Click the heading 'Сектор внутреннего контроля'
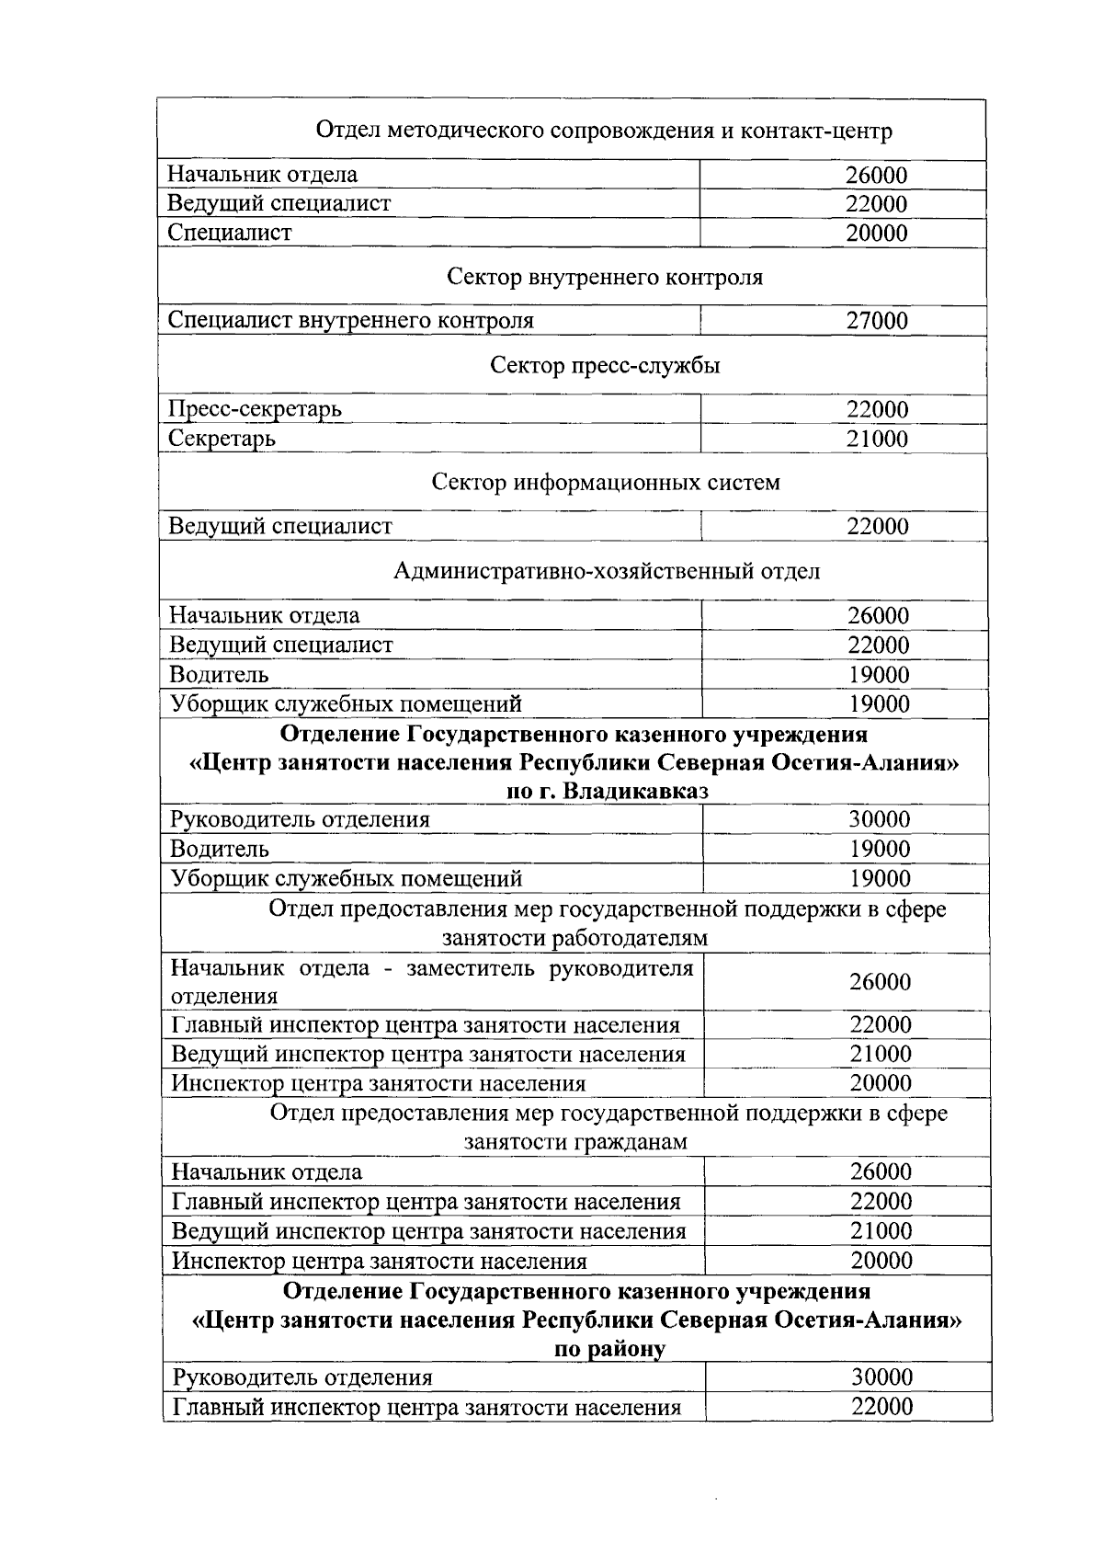[604, 277]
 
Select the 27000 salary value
[876, 321]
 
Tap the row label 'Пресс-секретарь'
[255, 409]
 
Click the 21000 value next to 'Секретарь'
[876, 439]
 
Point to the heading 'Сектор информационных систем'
[605, 482]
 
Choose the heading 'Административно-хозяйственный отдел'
[606, 571]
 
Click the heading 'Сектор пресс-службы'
[604, 366]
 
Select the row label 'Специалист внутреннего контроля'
[350, 321]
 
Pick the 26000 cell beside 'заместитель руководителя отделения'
[880, 982]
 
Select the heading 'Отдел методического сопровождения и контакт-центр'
[604, 131]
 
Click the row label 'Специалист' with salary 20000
[229, 233]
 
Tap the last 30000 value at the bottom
[881, 1377]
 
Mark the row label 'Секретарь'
[222, 439]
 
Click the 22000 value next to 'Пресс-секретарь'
[876, 409]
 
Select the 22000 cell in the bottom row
[881, 1407]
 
